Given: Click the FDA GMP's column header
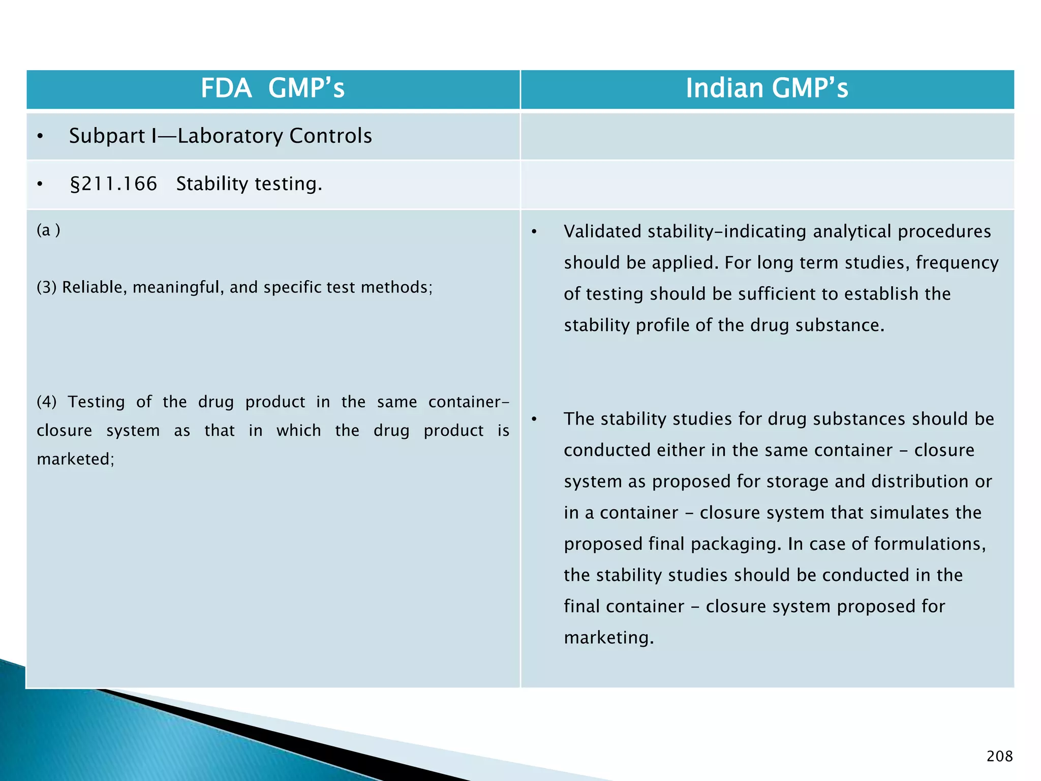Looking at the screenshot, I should (x=272, y=88).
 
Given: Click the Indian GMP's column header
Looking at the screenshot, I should (x=767, y=88).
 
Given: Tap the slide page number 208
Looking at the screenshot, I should (x=999, y=756).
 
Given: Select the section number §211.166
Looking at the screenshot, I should (x=113, y=184).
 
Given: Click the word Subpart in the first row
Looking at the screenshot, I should (x=107, y=136).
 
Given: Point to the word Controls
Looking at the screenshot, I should (x=330, y=136).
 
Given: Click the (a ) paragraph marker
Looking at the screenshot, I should (x=48, y=230).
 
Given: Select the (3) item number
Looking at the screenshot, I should (x=46, y=287).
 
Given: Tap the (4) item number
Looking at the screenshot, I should (x=46, y=402).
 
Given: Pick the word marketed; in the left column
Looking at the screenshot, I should (x=75, y=459).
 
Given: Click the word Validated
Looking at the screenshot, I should (x=602, y=231).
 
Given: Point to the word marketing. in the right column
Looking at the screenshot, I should (x=608, y=638).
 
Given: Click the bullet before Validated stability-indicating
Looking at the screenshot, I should (x=534, y=232).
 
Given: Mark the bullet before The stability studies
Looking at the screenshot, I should (x=534, y=419).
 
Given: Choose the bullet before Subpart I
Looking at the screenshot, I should (x=40, y=136).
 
